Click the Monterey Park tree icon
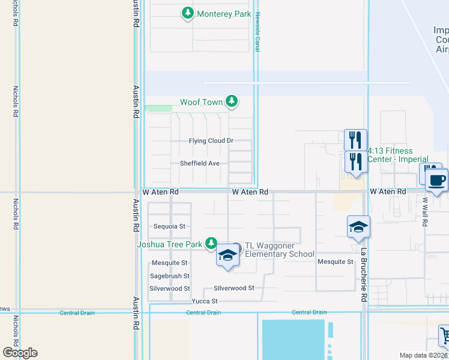pos(188,13)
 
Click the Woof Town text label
pos(201,103)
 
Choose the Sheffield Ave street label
pos(199,163)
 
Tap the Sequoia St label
pos(169,227)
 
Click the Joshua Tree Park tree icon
pos(211,244)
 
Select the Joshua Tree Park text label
pos(169,244)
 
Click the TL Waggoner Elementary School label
pos(279,250)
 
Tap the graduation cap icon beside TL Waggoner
pos(228,255)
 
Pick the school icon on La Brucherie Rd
pos(358,227)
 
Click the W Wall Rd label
pos(424,212)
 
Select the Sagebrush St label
pos(169,276)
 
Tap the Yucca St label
pos(204,301)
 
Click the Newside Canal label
pos(257,32)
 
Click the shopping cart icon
pos(445,335)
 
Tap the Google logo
pos(20,353)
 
